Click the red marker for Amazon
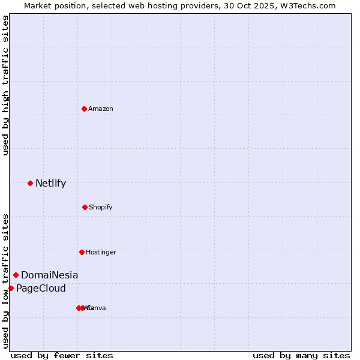tap(84, 109)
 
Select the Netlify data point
tap(30, 183)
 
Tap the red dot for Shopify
tap(85, 207)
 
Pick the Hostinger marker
tap(82, 252)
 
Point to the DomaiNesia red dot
tap(16, 275)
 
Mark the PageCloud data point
tap(11, 288)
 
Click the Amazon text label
tap(101, 109)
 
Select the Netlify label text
tap(50, 184)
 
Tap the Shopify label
tap(101, 207)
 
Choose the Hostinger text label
tap(101, 252)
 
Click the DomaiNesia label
tap(49, 275)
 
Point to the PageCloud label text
tap(41, 289)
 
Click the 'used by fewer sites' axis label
tap(62, 355)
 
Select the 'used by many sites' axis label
tap(301, 355)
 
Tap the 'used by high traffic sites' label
tap(5, 85)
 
